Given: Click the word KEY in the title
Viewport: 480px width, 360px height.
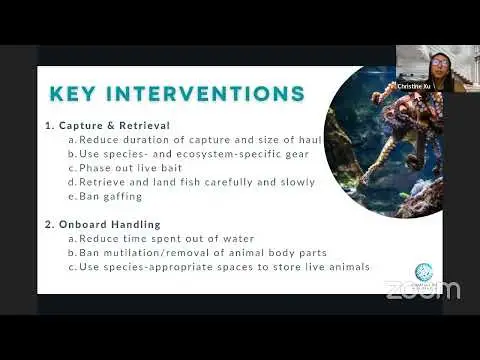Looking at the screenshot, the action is coord(72,93).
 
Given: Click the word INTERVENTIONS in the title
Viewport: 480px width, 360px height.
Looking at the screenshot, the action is coord(205,93).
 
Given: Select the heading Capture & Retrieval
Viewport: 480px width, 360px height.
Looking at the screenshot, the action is coord(114,126).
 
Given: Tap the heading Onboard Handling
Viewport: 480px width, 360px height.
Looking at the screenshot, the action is coord(110,224).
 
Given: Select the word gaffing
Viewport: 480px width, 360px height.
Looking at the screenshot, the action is coord(123,196).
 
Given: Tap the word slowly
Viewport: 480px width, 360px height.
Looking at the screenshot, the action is coord(298,182).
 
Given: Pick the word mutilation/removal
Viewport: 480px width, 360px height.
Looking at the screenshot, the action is coord(156,253).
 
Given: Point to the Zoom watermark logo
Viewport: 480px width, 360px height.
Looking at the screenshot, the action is coord(423,289).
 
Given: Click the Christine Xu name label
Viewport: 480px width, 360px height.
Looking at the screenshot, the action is coord(414,86).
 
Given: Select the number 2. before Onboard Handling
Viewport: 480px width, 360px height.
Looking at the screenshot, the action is coord(50,225).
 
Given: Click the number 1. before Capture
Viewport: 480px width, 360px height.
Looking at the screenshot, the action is coord(50,126).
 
